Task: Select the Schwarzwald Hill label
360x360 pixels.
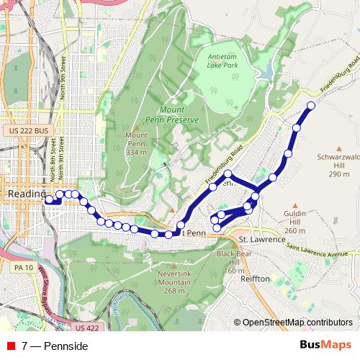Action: (x=333, y=159)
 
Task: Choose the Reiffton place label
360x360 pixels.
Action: (x=256, y=278)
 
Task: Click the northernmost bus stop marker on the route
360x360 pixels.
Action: (x=311, y=106)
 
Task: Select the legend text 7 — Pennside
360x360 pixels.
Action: (x=55, y=346)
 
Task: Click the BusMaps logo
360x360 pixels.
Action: (x=325, y=346)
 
